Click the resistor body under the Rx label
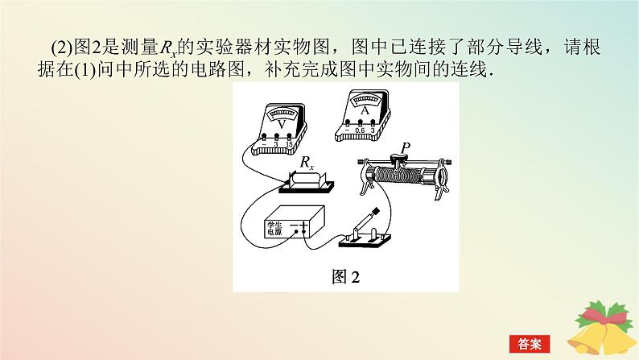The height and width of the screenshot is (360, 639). [x=307, y=181]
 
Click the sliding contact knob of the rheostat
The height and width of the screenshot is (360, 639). [x=399, y=158]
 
